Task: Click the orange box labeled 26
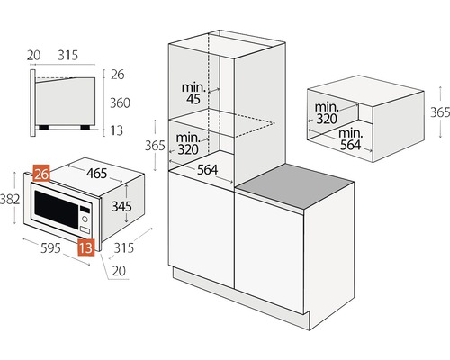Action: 41,174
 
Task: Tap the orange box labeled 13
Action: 86,247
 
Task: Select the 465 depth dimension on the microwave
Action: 96,173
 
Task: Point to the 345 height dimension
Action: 121,206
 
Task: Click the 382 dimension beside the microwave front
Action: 10,199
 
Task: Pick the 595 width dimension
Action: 50,247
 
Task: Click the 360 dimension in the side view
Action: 120,103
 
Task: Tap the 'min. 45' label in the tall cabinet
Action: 193,94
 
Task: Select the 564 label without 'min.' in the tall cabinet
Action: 207,170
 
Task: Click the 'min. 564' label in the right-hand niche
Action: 350,139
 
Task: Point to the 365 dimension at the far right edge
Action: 440,112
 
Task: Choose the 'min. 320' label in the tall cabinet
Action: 188,144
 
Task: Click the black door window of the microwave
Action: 57,209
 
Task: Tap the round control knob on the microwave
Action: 85,220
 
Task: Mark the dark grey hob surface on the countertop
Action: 295,186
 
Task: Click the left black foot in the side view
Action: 44,127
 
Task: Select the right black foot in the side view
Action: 85,127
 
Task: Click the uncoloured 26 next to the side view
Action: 118,75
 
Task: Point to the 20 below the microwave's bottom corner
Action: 119,271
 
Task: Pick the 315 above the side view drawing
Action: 68,55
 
